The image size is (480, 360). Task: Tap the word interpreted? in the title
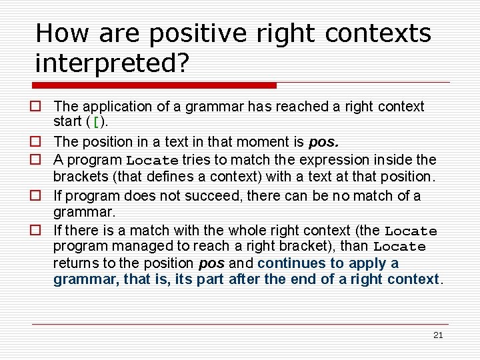112,63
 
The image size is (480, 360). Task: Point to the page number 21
437,335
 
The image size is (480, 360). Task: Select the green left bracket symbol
98,123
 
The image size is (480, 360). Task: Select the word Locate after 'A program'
153,160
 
